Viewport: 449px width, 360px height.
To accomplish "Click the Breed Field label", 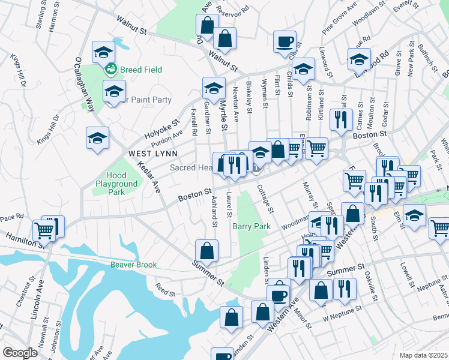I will pos(141,70).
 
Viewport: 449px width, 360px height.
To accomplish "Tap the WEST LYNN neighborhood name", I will pos(152,154).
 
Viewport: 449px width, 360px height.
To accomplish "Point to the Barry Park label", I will pos(252,226).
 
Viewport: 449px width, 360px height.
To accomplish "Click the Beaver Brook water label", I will pos(133,265).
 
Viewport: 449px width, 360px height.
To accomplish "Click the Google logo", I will pos(20,353).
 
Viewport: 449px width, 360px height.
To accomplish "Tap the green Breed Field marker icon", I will pos(111,70).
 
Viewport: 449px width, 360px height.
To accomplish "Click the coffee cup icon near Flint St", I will pos(285,42).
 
